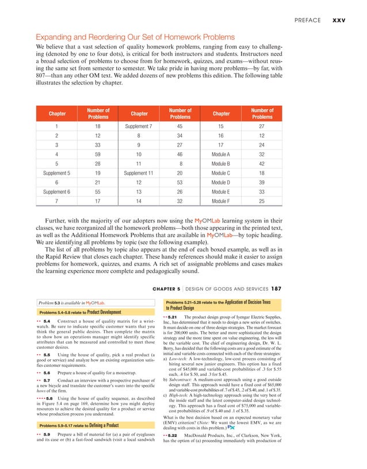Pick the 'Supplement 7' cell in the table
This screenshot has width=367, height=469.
[137, 126]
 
